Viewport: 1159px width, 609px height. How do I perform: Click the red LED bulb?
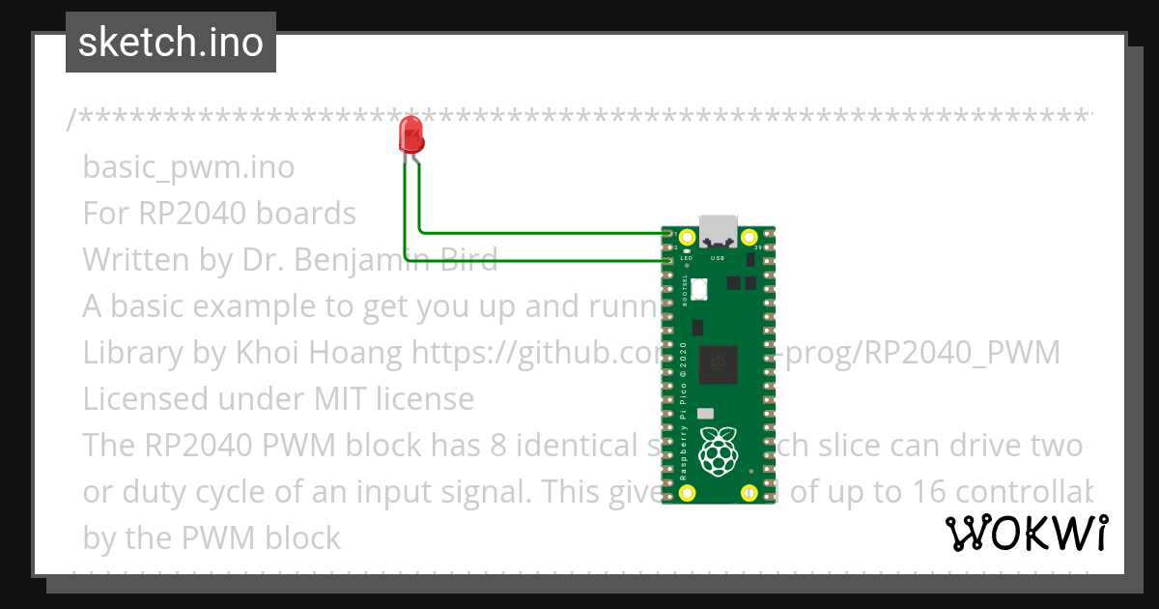pyautogui.click(x=411, y=135)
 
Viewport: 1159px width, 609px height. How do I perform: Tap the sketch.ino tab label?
pyautogui.click(x=170, y=43)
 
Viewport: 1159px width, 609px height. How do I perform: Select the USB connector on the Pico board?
pyautogui.click(x=718, y=230)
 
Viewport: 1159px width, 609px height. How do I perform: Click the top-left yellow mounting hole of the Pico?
pyautogui.click(x=687, y=237)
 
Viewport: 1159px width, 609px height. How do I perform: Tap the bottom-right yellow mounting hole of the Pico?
pyautogui.click(x=749, y=493)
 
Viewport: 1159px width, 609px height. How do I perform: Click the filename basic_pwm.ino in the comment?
pyautogui.click(x=188, y=167)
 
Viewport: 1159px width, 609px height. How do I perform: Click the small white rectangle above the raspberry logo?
pyautogui.click(x=706, y=413)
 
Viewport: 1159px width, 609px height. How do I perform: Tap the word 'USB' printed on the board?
pyautogui.click(x=718, y=259)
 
